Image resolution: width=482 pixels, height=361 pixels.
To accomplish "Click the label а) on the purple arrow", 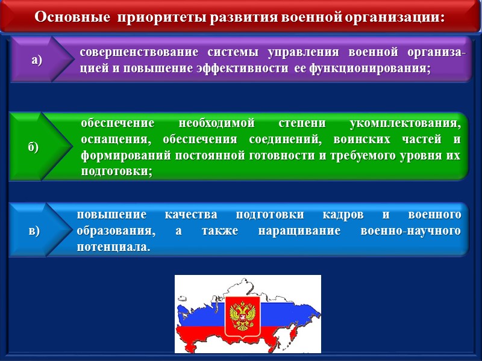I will point(37,60).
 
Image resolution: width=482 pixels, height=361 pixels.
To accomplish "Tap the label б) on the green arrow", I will point(33,147).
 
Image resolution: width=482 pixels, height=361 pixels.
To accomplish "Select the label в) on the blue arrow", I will point(34,231).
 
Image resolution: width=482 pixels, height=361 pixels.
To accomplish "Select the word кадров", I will point(340,215).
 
